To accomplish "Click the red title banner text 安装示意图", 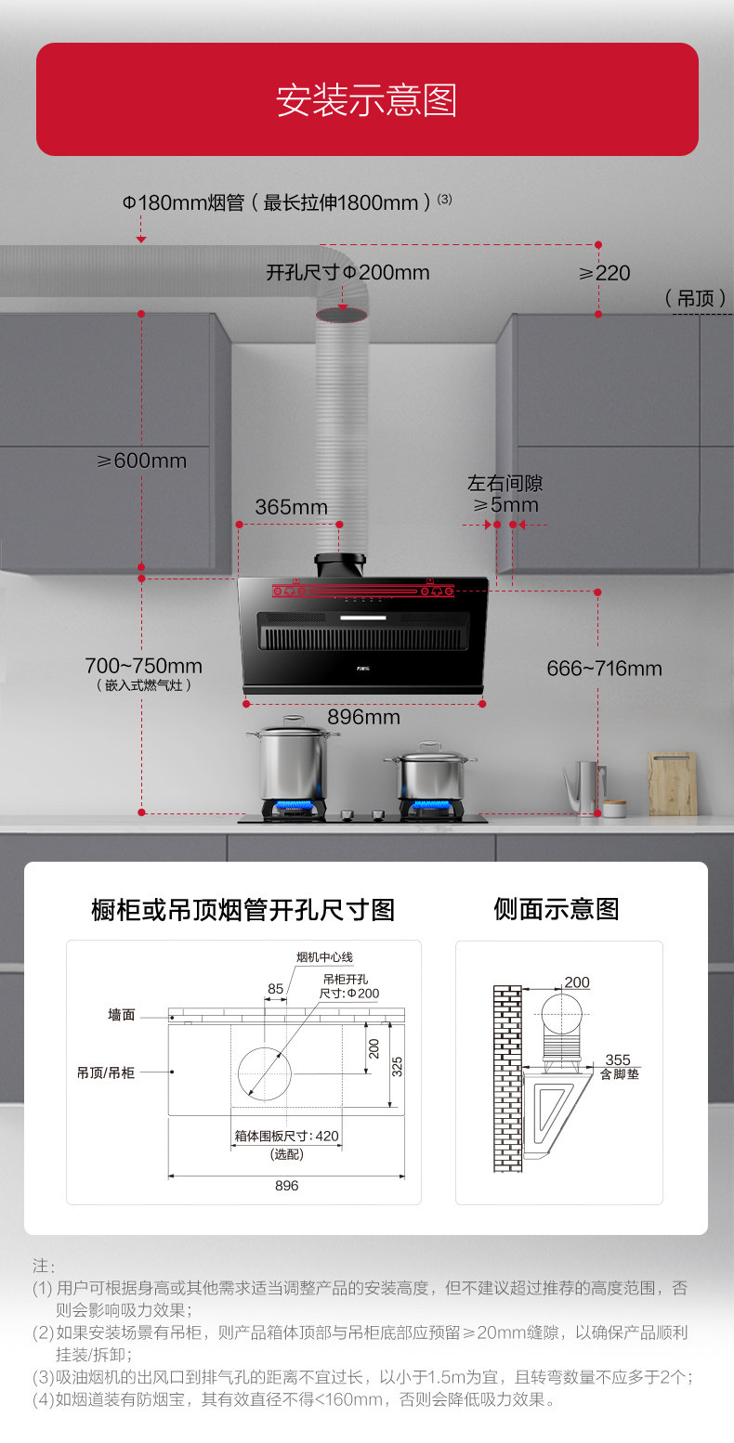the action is [x=366, y=100].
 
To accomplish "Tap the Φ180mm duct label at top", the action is [x=279, y=202].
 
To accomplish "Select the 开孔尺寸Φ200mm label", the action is [x=347, y=273].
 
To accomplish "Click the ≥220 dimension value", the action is [x=604, y=273].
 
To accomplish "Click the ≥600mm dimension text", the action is [x=141, y=461].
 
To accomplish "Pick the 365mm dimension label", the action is [x=291, y=507].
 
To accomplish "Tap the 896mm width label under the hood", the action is [x=363, y=718].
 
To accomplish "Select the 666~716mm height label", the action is [x=604, y=669].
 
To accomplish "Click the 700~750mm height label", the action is [x=143, y=667].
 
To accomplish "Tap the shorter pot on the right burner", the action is [x=430, y=773].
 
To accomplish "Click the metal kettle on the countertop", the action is [x=583, y=787].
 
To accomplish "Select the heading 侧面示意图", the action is [x=556, y=909].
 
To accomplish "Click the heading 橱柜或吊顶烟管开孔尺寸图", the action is [x=242, y=910].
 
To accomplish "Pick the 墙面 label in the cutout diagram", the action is [x=121, y=1015].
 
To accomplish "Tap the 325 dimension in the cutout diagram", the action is [x=397, y=1066].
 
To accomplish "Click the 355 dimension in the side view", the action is [x=617, y=1059].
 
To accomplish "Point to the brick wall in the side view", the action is [x=507, y=1077].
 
